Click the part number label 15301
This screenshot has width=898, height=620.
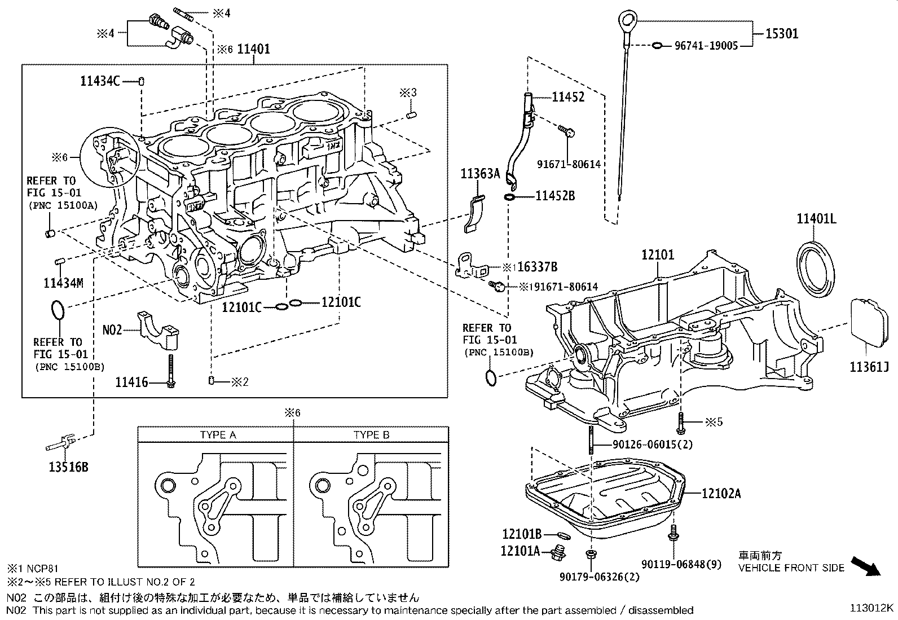point(782,33)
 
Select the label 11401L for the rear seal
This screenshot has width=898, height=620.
point(816,218)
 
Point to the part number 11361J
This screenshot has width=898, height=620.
point(869,368)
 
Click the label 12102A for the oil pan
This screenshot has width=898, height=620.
point(721,494)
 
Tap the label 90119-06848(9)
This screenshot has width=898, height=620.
point(681,564)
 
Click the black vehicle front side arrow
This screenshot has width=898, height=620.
point(865,565)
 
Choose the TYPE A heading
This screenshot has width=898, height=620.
point(218,435)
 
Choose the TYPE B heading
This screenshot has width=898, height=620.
point(372,435)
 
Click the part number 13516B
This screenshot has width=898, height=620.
point(67,467)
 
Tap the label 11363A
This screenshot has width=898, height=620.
point(481,173)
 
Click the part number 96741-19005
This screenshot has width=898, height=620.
point(706,46)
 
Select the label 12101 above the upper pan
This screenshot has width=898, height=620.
point(657,255)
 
